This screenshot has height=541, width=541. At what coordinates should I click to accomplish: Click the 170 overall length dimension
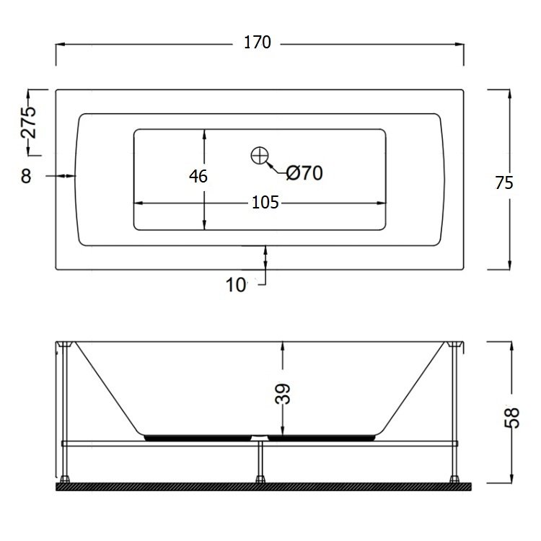[x=258, y=43]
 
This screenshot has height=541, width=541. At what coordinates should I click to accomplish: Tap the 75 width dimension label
[x=504, y=183]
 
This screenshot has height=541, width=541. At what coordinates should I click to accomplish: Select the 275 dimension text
[x=28, y=122]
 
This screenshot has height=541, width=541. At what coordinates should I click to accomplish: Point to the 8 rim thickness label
[x=26, y=176]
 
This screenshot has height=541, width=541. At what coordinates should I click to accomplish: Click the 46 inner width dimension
[x=198, y=176]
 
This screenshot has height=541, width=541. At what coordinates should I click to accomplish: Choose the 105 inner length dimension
[x=265, y=203]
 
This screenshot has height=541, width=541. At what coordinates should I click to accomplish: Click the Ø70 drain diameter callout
[x=304, y=173]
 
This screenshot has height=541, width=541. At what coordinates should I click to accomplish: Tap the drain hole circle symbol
[x=260, y=155]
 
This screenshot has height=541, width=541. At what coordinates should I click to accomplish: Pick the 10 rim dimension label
[x=236, y=285]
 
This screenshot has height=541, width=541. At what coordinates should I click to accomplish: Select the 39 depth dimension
[x=283, y=393]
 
